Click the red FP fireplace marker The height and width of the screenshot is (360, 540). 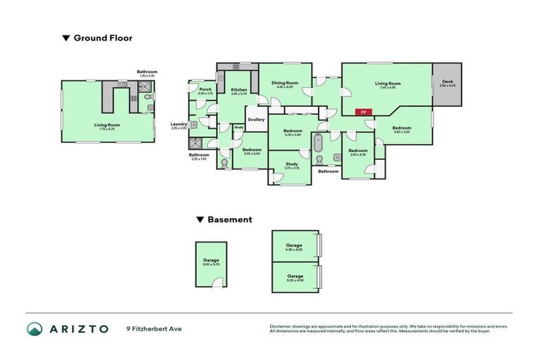tap(364, 112)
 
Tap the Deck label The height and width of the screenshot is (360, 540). tap(447, 84)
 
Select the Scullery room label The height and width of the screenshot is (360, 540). tap(257, 120)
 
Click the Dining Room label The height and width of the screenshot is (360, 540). tap(285, 84)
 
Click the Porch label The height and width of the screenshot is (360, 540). tap(205, 91)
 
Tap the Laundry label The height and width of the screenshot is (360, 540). tap(179, 125)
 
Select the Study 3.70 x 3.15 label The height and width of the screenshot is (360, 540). tap(292, 166)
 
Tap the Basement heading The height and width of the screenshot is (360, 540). tap(229, 219)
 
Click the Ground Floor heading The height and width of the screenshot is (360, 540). tap(103, 38)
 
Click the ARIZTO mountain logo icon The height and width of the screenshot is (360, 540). tap(34, 328)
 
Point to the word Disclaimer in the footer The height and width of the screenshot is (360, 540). tap(282, 326)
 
